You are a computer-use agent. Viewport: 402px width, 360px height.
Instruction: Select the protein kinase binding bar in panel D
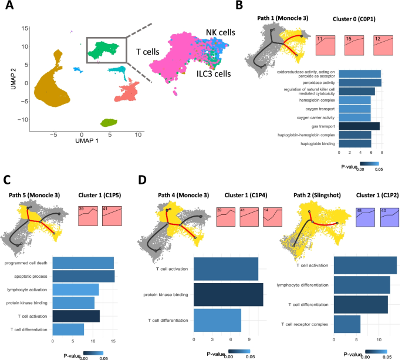(228, 295)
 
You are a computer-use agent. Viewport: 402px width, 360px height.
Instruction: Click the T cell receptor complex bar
(347, 324)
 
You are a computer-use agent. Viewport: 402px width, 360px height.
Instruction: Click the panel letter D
(142, 178)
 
